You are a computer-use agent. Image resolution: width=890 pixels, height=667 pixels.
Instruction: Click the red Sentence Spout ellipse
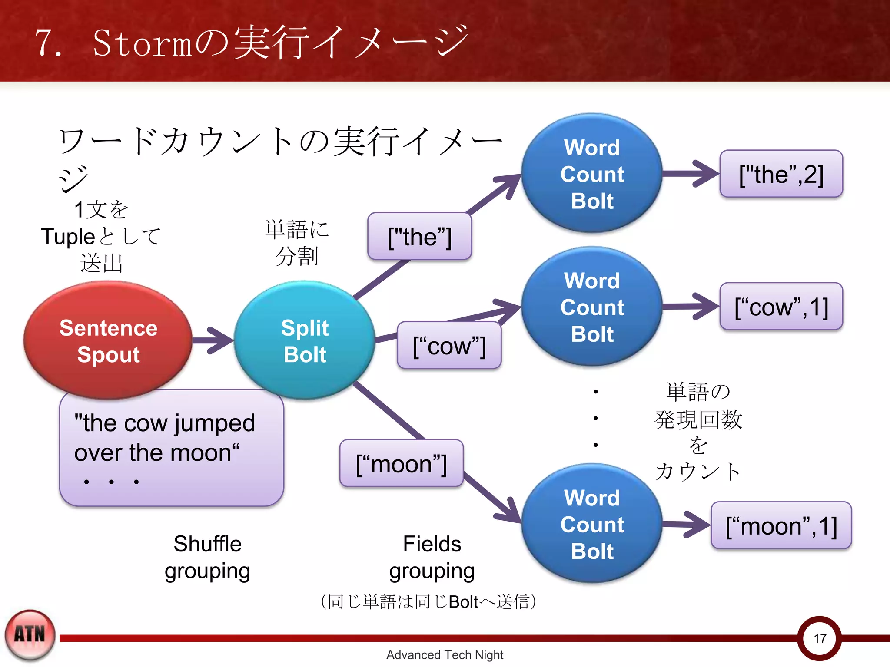point(108,340)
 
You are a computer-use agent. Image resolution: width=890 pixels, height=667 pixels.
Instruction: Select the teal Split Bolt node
point(304,340)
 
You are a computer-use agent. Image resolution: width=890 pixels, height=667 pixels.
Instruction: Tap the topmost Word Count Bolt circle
point(592,174)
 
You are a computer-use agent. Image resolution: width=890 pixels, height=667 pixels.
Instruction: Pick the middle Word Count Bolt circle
point(592,307)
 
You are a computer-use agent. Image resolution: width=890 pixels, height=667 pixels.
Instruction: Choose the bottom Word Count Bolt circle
point(592,524)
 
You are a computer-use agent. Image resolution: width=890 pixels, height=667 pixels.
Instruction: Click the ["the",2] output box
point(781,174)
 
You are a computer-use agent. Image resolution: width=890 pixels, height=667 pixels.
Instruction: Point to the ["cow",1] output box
point(781,307)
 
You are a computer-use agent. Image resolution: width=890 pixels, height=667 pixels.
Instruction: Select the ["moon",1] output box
point(781,525)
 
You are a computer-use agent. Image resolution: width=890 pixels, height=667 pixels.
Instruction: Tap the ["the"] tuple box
point(419,237)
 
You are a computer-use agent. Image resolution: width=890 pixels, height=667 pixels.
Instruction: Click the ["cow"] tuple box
point(449,346)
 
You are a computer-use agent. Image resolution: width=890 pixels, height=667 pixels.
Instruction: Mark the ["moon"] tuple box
point(401,463)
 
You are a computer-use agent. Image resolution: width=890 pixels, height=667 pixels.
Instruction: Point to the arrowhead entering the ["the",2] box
point(706,174)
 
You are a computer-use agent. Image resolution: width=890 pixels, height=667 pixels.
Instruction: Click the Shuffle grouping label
point(207,557)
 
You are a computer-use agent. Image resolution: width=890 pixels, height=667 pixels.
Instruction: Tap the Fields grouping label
point(432,557)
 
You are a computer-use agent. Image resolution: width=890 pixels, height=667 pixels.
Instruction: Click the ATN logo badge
point(30,635)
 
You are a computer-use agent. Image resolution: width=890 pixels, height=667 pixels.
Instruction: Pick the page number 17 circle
point(820,638)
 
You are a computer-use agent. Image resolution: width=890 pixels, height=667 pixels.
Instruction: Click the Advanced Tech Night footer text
point(445,655)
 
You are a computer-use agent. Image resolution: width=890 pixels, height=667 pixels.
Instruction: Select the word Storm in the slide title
point(143,43)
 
